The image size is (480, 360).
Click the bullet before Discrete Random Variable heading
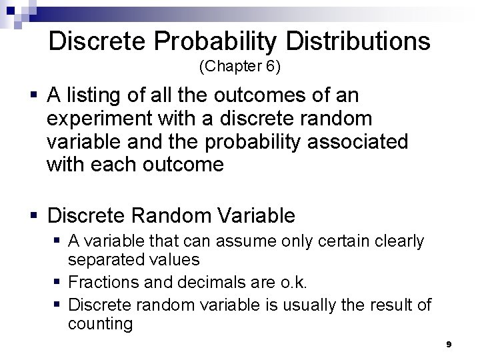point(32,215)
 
